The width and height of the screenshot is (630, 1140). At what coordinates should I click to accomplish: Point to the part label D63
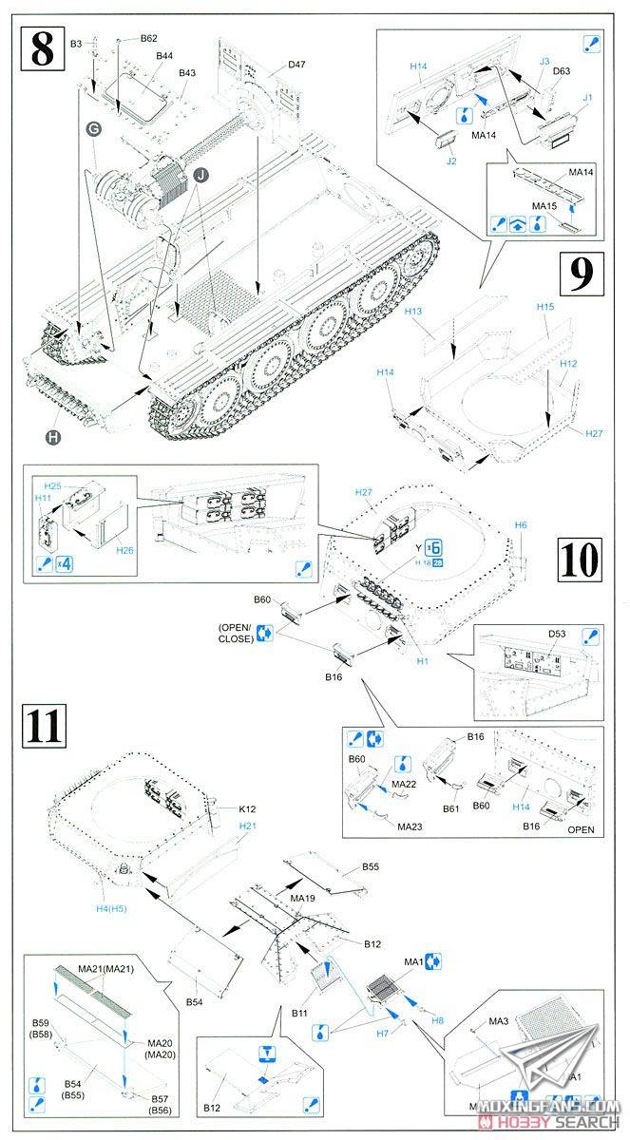561,71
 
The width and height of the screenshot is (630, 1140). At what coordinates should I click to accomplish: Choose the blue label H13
413,312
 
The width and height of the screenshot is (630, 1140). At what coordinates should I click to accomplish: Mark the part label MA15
544,206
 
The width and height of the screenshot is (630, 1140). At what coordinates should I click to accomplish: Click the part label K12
249,808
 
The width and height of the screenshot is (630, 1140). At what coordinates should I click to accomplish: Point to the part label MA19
303,897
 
